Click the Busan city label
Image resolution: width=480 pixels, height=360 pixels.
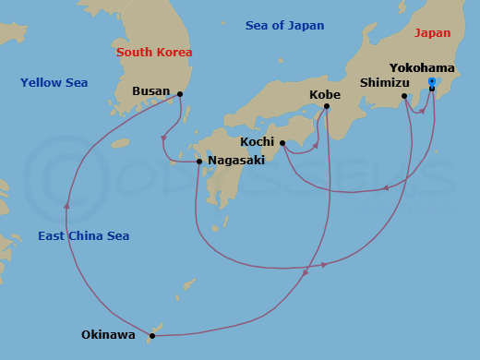pyautogui.click(x=151, y=91)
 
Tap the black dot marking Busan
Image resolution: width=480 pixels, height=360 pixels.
pyautogui.click(x=180, y=93)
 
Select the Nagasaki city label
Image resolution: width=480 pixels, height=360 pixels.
pyautogui.click(x=236, y=160)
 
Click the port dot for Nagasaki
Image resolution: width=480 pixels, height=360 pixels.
pyautogui.click(x=199, y=162)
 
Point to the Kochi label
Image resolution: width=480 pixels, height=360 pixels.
pyautogui.click(x=257, y=142)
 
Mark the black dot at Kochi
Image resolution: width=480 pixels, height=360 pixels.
pyautogui.click(x=282, y=143)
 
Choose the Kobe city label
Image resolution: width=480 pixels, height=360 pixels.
pyautogui.click(x=325, y=94)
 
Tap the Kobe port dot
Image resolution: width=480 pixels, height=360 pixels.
pyautogui.click(x=328, y=106)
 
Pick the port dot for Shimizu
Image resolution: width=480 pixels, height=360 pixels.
pyautogui.click(x=404, y=96)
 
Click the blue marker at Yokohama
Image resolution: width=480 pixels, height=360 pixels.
pyautogui.click(x=432, y=82)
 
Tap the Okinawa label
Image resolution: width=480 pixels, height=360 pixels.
pyautogui.click(x=108, y=335)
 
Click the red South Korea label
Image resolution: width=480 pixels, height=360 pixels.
pyautogui.click(x=154, y=52)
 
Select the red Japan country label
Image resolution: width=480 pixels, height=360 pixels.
pyautogui.click(x=433, y=32)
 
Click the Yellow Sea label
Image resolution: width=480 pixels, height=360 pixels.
pyautogui.click(x=54, y=83)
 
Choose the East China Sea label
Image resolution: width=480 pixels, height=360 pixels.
pyautogui.click(x=83, y=236)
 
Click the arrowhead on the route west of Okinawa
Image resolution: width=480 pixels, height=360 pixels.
pyautogui.click(x=66, y=207)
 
